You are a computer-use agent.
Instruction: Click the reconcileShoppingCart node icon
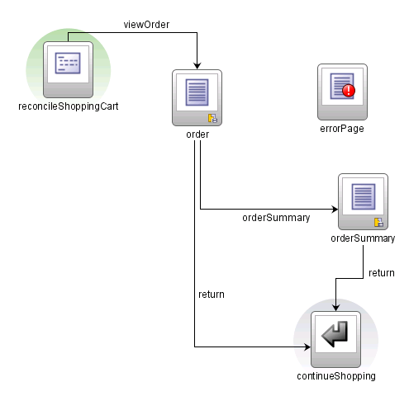[67, 67]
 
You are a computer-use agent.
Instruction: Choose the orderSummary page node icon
[363, 200]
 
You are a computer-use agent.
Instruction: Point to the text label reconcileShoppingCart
[67, 106]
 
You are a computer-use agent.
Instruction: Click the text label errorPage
[342, 129]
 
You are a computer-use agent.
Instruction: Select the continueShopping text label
[336, 376]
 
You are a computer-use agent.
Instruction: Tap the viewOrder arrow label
[146, 25]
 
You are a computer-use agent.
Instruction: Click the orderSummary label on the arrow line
[276, 219]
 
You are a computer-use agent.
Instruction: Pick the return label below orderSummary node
[381, 273]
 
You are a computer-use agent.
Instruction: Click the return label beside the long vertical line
[212, 294]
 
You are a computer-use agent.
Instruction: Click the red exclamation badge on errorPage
[348, 92]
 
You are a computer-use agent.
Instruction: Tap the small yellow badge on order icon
[212, 118]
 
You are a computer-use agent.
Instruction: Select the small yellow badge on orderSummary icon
[378, 222]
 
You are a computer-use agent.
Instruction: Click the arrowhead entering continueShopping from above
[335, 305]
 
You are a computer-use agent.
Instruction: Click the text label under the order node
[197, 135]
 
